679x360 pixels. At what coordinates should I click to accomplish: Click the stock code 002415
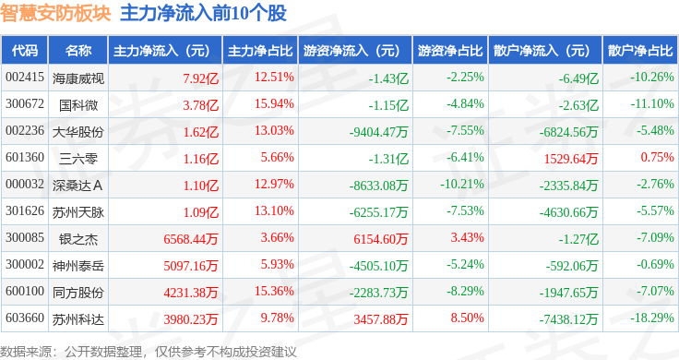(x=25, y=78)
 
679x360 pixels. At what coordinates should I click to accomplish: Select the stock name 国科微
(x=78, y=105)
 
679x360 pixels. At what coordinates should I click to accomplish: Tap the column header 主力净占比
(x=260, y=51)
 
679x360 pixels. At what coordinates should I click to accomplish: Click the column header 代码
(x=25, y=51)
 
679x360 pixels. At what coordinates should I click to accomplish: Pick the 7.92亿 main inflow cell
(x=200, y=78)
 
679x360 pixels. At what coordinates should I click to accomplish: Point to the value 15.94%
(x=274, y=104)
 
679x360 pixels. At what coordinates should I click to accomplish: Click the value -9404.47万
(x=379, y=132)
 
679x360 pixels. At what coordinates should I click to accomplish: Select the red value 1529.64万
(x=571, y=159)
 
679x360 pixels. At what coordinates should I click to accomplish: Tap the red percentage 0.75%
(x=658, y=157)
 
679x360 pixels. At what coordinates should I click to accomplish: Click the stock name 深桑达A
(x=77, y=186)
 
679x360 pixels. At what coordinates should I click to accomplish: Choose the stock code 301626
(x=25, y=211)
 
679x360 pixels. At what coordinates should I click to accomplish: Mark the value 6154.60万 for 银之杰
(x=381, y=239)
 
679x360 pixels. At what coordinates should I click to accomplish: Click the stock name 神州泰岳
(x=78, y=266)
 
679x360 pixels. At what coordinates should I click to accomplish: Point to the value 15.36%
(x=274, y=291)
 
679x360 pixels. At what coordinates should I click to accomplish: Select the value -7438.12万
(x=568, y=319)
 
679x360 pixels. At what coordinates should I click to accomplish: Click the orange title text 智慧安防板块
(x=55, y=14)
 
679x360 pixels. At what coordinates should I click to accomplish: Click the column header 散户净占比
(x=640, y=51)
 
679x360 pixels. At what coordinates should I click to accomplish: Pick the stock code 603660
(x=25, y=318)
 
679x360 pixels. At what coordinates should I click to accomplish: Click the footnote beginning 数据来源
(x=149, y=352)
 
